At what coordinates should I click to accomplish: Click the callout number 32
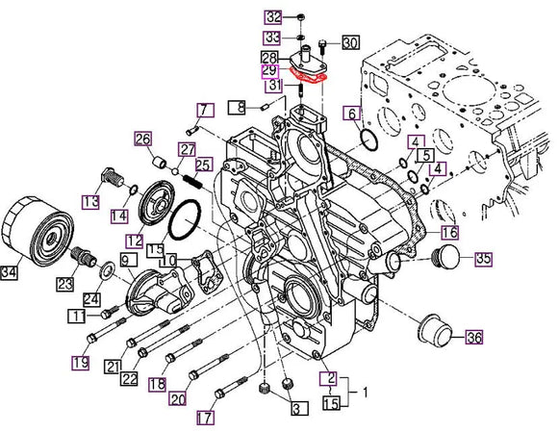274,17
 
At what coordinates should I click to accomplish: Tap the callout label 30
349,42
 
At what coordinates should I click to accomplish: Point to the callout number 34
10,274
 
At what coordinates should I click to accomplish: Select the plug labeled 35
447,258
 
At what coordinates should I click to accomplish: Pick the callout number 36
474,338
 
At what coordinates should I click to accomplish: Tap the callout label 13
90,201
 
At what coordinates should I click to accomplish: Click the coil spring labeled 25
196,174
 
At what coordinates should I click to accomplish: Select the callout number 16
449,233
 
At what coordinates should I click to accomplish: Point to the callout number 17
204,419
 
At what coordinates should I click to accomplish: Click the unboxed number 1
364,393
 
